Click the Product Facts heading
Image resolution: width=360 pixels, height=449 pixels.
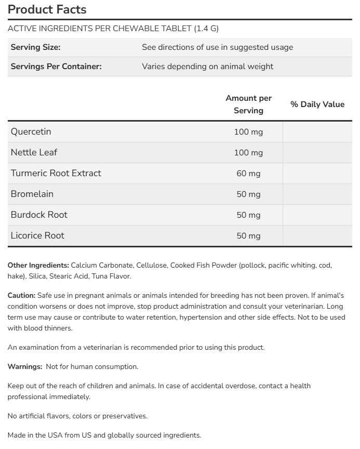click(x=47, y=9)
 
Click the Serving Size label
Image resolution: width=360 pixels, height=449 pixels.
click(x=35, y=47)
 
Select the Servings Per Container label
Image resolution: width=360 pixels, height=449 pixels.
click(x=56, y=67)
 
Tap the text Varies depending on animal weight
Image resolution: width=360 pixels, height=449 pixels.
click(x=207, y=67)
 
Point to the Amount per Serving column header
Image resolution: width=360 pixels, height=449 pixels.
click(x=248, y=104)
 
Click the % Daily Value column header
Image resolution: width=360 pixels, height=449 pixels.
click(x=317, y=104)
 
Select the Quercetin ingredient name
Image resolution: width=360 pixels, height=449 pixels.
click(x=31, y=131)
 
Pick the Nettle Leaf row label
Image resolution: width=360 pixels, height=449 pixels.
click(x=34, y=152)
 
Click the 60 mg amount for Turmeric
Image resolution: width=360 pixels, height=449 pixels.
click(x=248, y=174)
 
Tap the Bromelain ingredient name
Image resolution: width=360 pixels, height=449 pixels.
click(x=32, y=194)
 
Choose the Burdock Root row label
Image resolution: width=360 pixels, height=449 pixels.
click(x=39, y=215)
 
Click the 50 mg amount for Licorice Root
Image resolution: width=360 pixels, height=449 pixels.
click(x=248, y=236)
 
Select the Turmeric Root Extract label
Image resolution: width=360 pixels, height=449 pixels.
click(x=56, y=173)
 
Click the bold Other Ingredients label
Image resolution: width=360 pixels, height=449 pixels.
click(x=38, y=265)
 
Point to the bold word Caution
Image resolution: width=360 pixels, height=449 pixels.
click(x=21, y=295)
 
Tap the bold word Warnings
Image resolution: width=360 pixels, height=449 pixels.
click(x=24, y=367)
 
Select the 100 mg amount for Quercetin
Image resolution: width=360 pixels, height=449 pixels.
click(x=248, y=132)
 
